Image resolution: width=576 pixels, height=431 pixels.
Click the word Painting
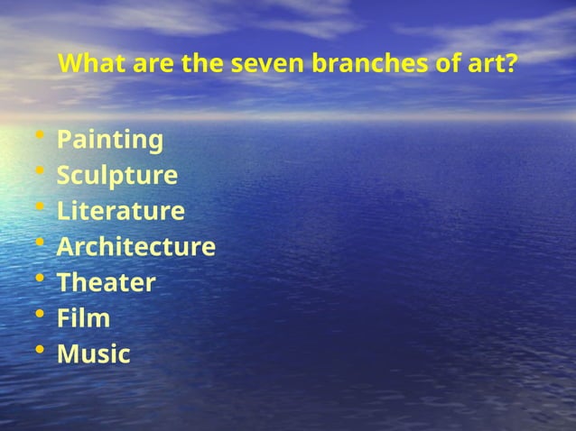[x=110, y=141]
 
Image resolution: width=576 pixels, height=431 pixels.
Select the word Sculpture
[x=117, y=176]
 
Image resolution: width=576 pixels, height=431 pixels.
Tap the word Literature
[x=121, y=212]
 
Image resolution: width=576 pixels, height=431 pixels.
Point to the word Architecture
[x=136, y=247]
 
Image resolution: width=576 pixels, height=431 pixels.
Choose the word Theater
[x=107, y=283]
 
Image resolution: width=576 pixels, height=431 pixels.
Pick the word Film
[x=84, y=318]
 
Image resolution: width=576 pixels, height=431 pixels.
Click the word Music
[x=94, y=354]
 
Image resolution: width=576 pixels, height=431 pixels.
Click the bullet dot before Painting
[x=38, y=138]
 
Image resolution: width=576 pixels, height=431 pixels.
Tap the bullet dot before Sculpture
[x=38, y=173]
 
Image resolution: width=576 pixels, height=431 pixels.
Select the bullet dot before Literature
[x=38, y=209]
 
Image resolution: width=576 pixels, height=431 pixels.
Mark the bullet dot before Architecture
[x=38, y=244]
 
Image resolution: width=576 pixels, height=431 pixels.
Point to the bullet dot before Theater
[x=38, y=280]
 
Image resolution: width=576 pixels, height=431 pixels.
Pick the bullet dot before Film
[x=38, y=316]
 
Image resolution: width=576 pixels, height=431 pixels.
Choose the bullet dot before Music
[x=38, y=352]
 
